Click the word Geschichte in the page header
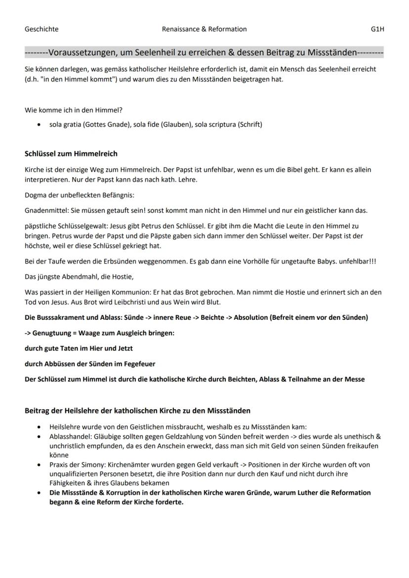[x=41, y=29]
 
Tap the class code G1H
[x=377, y=29]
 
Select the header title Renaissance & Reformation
[x=204, y=29]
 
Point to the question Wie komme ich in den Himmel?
[x=74, y=110]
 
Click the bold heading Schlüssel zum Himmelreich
[x=71, y=154]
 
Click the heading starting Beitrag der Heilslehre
[x=137, y=411]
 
